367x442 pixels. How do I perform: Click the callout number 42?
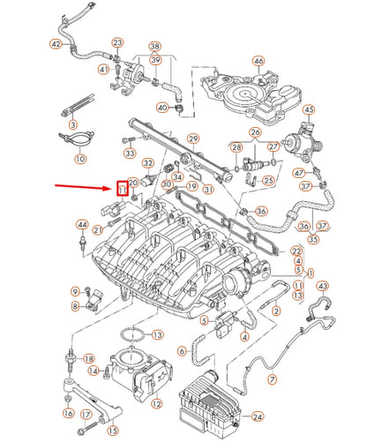tap(56, 43)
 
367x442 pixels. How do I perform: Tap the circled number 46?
tap(258, 61)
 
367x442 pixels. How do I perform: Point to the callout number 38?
tap(155, 46)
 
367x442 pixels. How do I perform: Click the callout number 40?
tap(162, 108)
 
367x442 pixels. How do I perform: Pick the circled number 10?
tap(80, 160)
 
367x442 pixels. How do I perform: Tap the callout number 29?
tap(193, 139)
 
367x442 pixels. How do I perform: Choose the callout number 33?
tap(130, 154)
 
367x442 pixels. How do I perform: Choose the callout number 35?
tap(313, 239)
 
